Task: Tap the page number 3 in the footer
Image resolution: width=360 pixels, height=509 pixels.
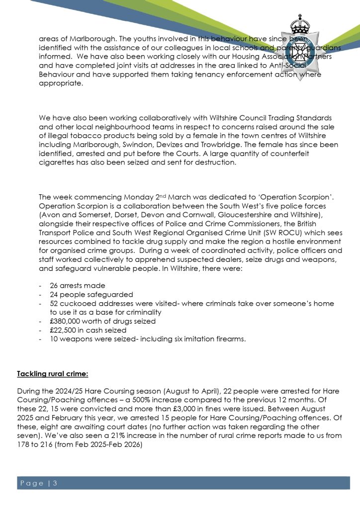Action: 56,483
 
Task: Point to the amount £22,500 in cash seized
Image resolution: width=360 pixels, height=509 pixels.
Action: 65,330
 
